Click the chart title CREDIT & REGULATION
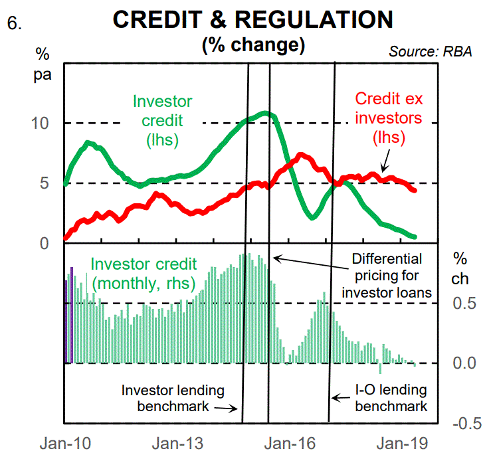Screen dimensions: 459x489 253,20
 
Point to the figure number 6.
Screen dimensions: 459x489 15,22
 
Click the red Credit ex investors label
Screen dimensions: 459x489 389,118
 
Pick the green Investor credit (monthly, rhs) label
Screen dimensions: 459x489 142,273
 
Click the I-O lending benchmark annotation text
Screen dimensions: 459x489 391,398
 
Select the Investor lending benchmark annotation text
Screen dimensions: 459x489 173,398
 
